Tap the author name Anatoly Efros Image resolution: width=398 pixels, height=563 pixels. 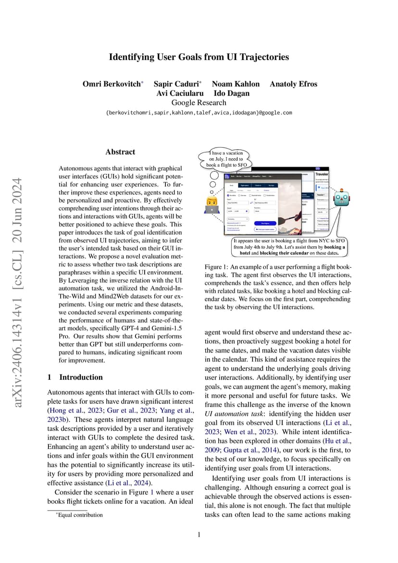(293, 84)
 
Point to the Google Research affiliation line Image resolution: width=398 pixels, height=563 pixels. (199, 102)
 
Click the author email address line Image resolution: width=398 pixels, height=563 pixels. (199, 113)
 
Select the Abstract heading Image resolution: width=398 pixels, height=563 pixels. (120, 152)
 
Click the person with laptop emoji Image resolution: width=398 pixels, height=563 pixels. (211, 204)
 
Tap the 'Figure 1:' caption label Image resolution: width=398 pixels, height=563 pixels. (216, 267)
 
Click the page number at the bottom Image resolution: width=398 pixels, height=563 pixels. (199, 534)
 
